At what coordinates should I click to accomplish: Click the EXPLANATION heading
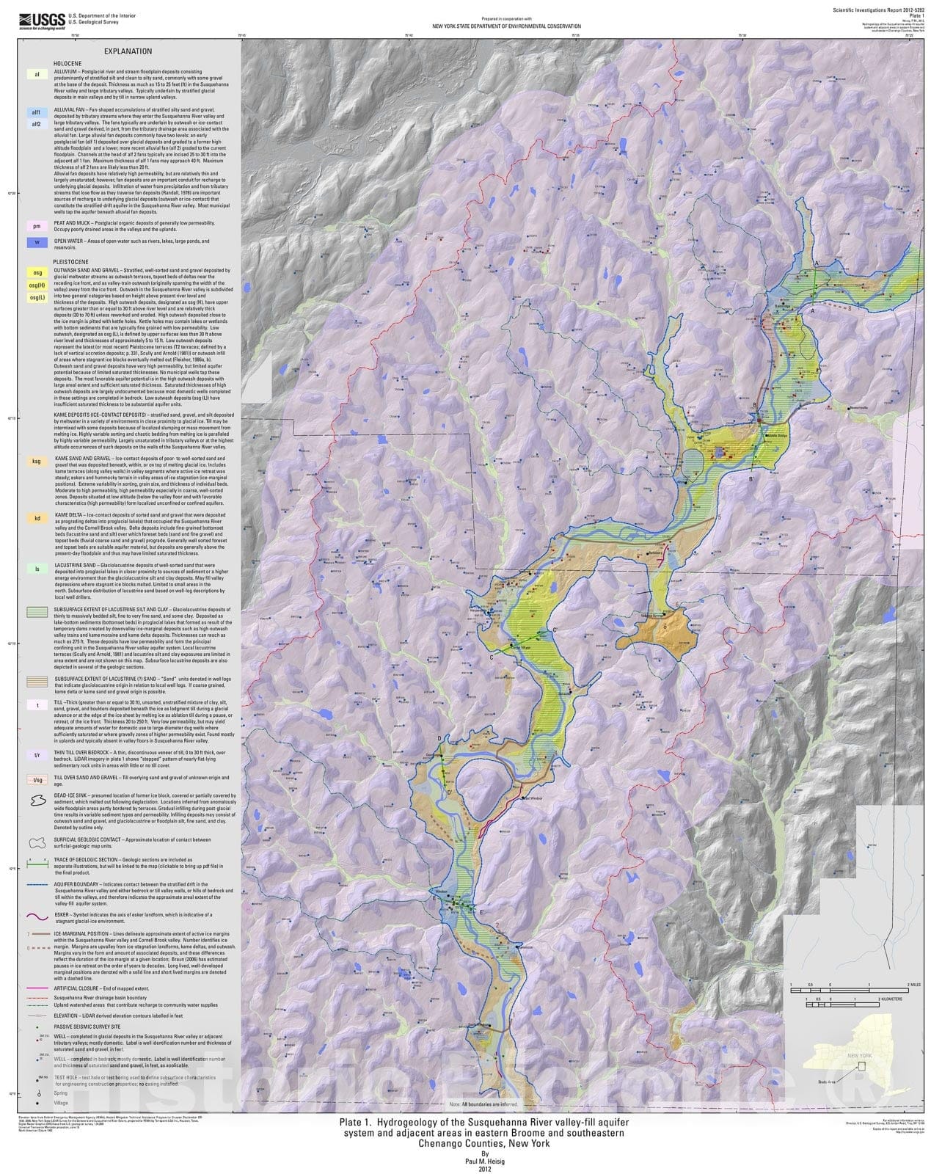[x=128, y=51]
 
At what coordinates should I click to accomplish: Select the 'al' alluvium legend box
[x=36, y=74]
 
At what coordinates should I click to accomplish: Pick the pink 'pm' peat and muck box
[x=36, y=226]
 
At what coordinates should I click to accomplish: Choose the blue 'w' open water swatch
[x=36, y=241]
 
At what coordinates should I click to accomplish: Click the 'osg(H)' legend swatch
[x=36, y=285]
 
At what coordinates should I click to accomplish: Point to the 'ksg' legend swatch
[x=36, y=462]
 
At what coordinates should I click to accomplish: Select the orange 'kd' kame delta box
[x=36, y=518]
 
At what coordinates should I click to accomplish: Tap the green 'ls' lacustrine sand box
[x=36, y=568]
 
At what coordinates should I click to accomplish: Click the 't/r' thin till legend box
[x=36, y=754]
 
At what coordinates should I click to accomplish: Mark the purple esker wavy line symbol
[x=36, y=916]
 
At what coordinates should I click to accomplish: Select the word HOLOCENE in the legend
[x=67, y=64]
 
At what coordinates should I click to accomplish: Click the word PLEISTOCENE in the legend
[x=71, y=260]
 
